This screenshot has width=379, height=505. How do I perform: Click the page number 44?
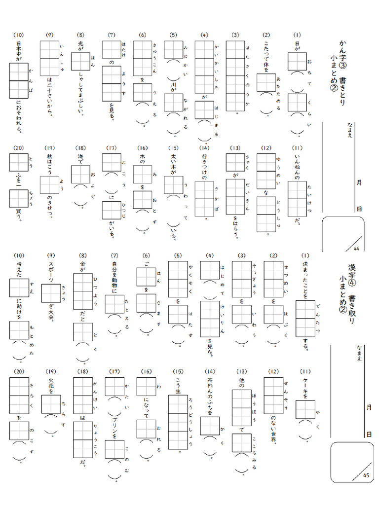(x=357, y=248)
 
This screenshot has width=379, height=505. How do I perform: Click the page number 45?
(x=366, y=475)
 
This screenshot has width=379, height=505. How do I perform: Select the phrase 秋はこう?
(x=50, y=166)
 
